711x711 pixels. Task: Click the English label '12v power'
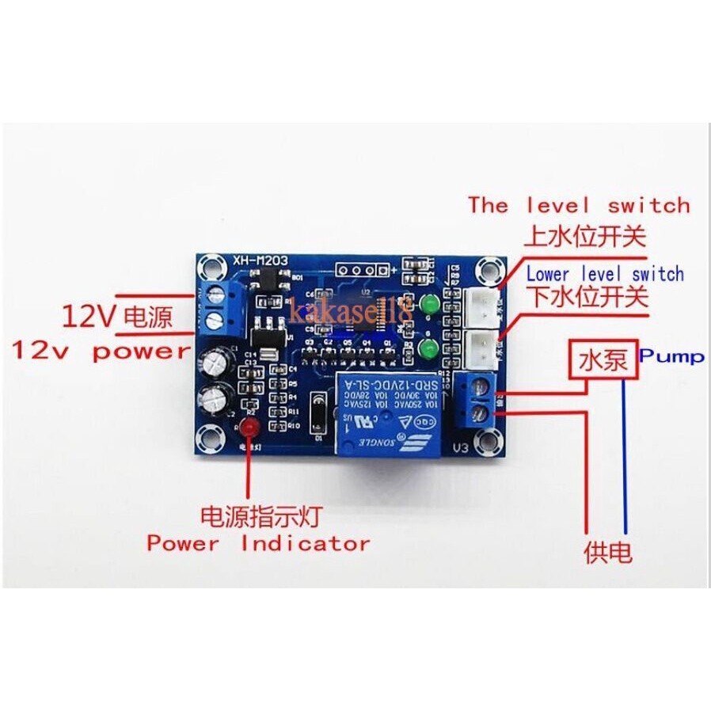tap(101, 351)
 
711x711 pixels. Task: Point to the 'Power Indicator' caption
tap(258, 544)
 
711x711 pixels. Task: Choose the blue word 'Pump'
tap(672, 356)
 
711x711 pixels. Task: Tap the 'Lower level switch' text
tap(605, 274)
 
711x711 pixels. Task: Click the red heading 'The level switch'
tap(579, 205)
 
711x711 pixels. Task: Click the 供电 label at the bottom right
tap(608, 552)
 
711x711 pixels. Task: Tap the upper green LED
tap(431, 304)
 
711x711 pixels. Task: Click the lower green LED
tap(431, 351)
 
